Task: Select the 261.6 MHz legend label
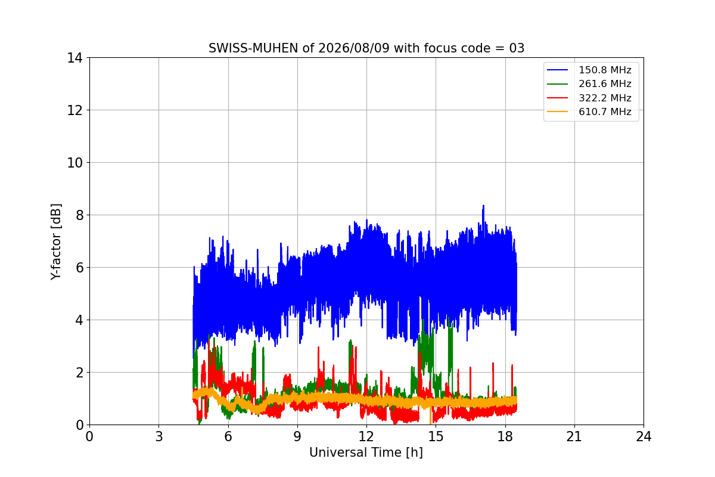coord(605,83)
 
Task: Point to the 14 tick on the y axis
coord(74,58)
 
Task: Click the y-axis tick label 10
coord(74,163)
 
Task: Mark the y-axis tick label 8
coord(79,215)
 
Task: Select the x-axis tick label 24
coord(643,436)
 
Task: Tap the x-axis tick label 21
coord(574,436)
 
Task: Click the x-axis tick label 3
coord(159,436)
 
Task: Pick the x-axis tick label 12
coord(366,436)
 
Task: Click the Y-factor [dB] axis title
coord(55,242)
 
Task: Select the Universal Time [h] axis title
coord(366,453)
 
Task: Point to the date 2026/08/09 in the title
coord(354,48)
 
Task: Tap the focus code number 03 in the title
coord(517,48)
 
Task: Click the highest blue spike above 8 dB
coord(483,206)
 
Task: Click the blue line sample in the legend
coord(557,70)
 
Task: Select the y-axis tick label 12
coord(74,110)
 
